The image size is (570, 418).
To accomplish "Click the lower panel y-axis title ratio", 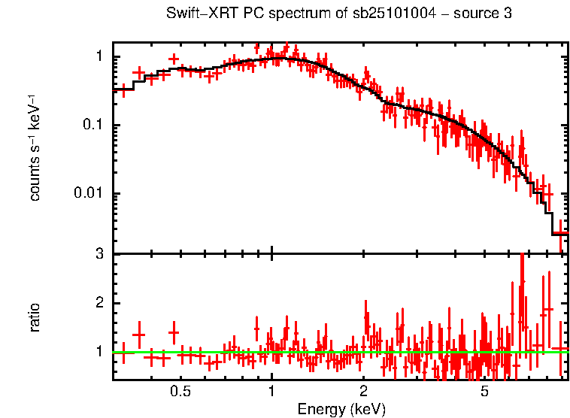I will click(x=35, y=317).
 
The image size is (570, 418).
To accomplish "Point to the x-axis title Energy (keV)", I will click(x=341, y=409).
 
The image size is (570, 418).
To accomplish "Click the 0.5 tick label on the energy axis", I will click(x=180, y=392).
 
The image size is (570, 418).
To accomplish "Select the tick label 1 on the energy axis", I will click(x=271, y=392).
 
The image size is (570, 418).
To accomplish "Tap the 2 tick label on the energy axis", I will click(x=363, y=392).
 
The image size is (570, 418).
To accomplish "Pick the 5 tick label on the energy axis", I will click(x=484, y=392).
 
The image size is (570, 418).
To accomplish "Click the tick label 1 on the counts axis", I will click(x=99, y=57).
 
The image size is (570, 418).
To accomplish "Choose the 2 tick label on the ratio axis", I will click(x=99, y=303).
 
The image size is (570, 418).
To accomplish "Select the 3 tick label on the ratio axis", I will click(x=99, y=254).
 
